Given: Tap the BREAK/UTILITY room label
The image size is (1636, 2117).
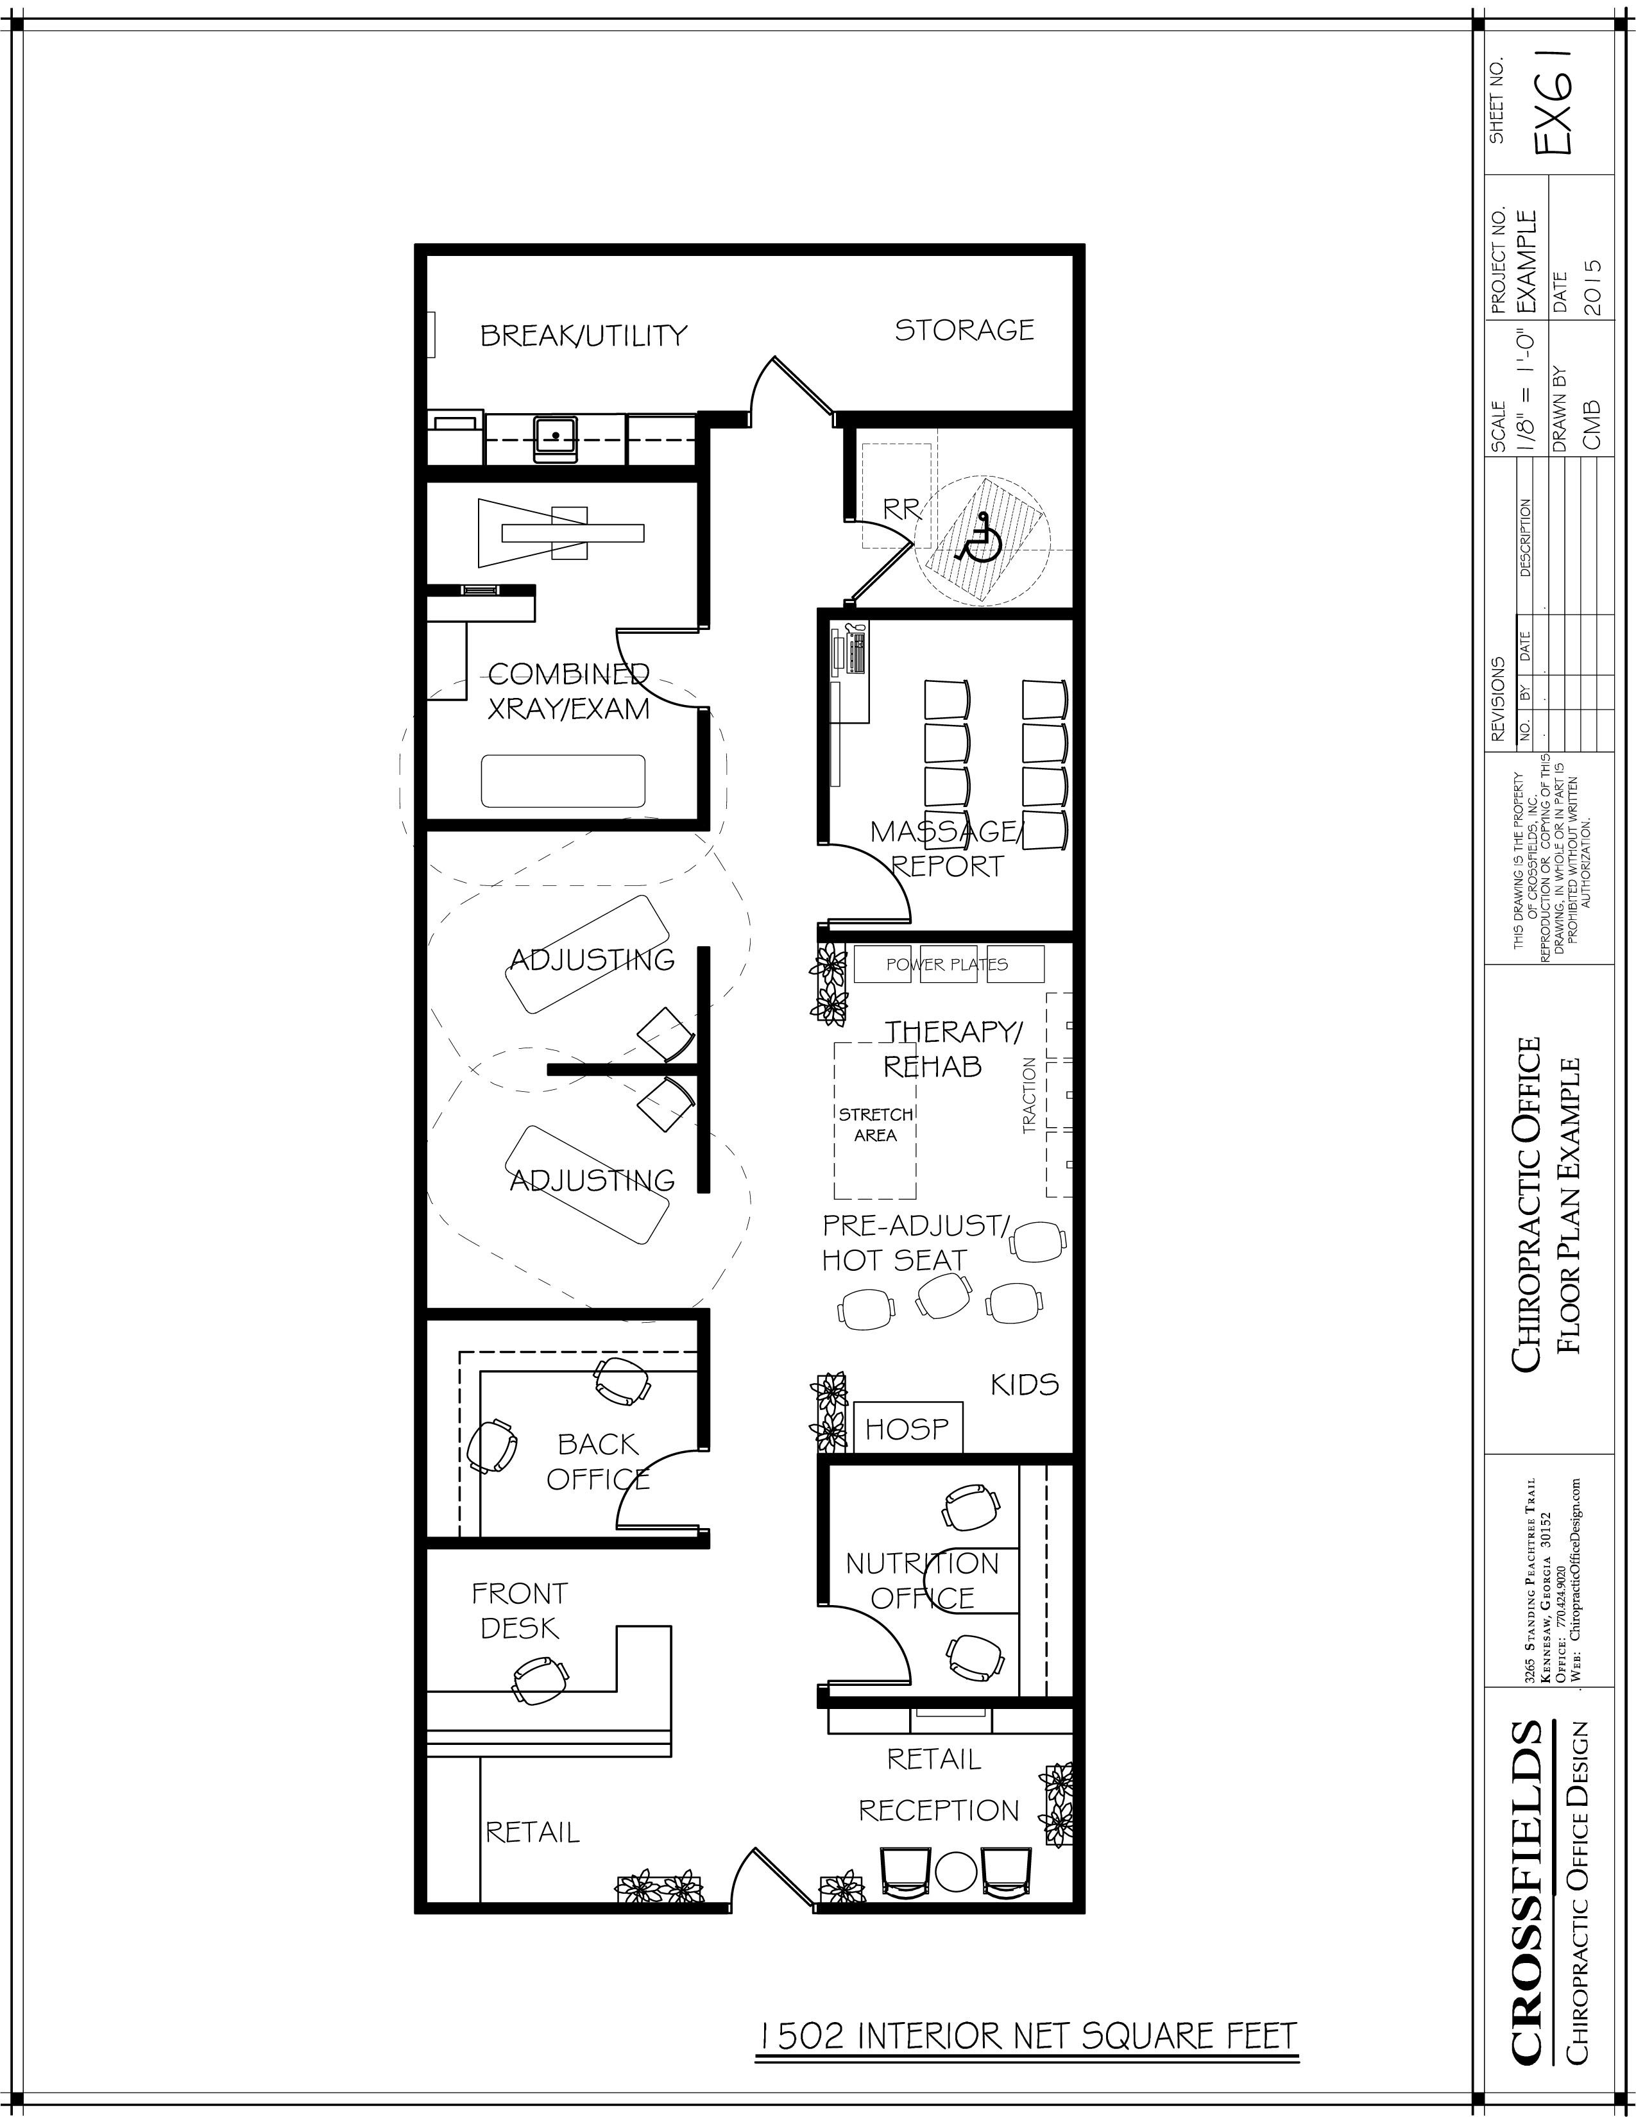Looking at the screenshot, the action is click(x=583, y=336).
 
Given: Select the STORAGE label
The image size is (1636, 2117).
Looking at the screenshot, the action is click(x=964, y=330).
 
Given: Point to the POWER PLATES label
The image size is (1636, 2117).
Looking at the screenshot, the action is click(x=947, y=964).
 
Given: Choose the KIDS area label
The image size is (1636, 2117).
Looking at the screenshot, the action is click(x=1025, y=1384).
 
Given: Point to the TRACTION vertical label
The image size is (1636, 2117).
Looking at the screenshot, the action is click(x=1029, y=1095).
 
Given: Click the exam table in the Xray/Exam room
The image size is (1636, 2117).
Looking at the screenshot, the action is click(x=563, y=780).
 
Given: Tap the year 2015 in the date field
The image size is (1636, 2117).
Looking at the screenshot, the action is click(x=1590, y=287).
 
